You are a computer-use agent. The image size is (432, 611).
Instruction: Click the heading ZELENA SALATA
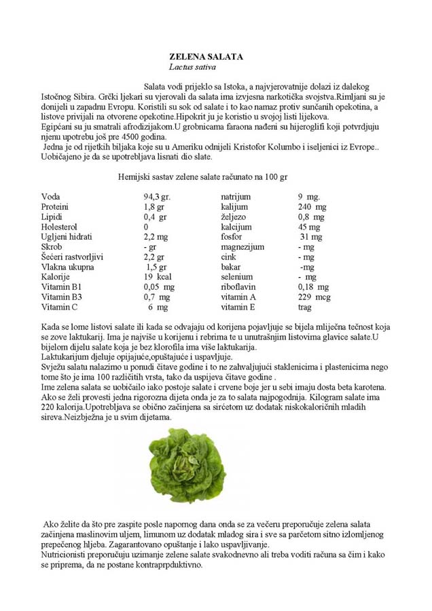[x=206, y=57]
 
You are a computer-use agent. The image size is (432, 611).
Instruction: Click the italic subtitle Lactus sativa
[x=194, y=67]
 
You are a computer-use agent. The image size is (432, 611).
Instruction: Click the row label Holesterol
[x=59, y=227]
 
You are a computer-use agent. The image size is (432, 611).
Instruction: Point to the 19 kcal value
[x=158, y=277]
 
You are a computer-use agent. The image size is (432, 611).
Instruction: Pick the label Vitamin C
[x=60, y=307]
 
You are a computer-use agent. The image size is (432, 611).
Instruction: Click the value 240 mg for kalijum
[x=312, y=206]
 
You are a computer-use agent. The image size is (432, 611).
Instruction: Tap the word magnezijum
[x=242, y=247]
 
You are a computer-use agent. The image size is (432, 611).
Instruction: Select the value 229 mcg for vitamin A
[x=314, y=297]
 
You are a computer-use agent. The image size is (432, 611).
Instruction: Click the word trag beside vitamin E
[x=305, y=307]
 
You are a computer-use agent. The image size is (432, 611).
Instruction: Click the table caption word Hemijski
[x=134, y=177]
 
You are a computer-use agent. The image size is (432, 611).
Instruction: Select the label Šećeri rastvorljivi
[x=72, y=257]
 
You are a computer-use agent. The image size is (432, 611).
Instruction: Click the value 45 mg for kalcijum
[x=310, y=227]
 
